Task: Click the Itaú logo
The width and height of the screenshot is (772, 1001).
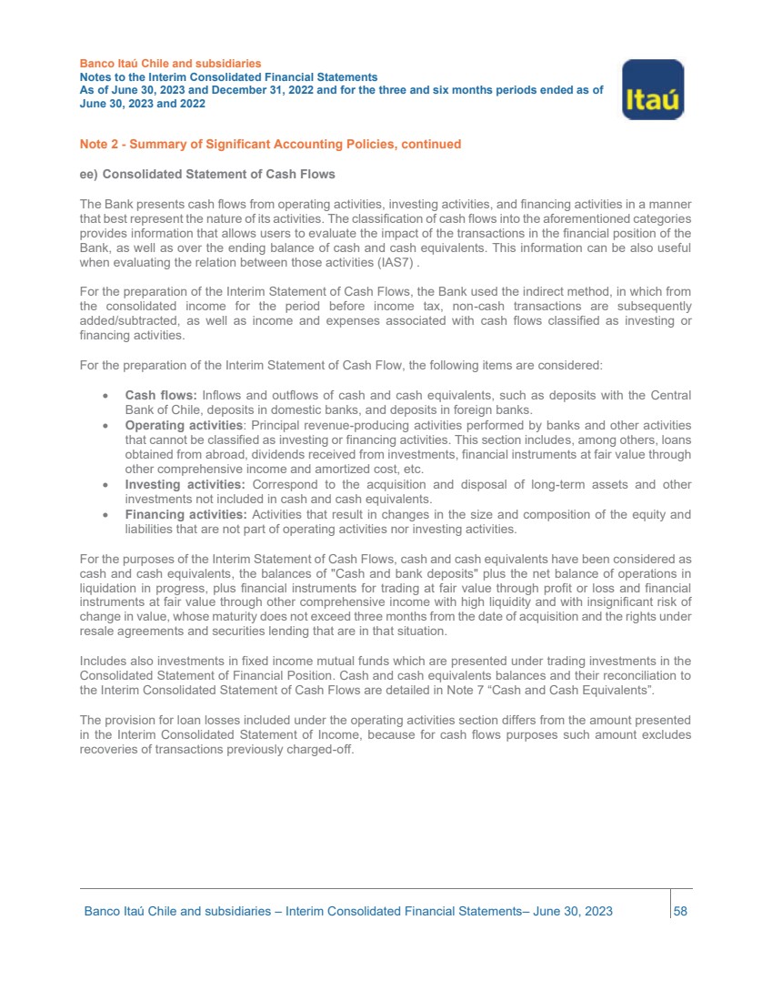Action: (x=652, y=89)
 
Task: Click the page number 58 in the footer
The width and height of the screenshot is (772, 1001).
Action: (x=680, y=911)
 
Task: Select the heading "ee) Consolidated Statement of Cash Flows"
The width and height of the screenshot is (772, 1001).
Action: (x=207, y=174)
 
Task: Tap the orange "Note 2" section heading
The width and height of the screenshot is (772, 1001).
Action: (x=270, y=144)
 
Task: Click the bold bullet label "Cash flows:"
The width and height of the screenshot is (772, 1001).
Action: (x=161, y=395)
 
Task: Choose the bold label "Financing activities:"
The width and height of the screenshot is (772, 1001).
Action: (x=186, y=514)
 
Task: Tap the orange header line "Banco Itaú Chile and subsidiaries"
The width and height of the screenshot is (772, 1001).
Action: (x=171, y=64)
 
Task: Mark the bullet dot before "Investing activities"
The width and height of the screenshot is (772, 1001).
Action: (x=108, y=485)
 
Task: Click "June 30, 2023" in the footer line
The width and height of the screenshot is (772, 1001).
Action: (x=573, y=911)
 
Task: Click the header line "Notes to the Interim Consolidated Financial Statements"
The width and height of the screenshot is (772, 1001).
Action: (x=228, y=78)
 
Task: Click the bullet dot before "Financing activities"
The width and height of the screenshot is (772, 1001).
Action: (x=108, y=515)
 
